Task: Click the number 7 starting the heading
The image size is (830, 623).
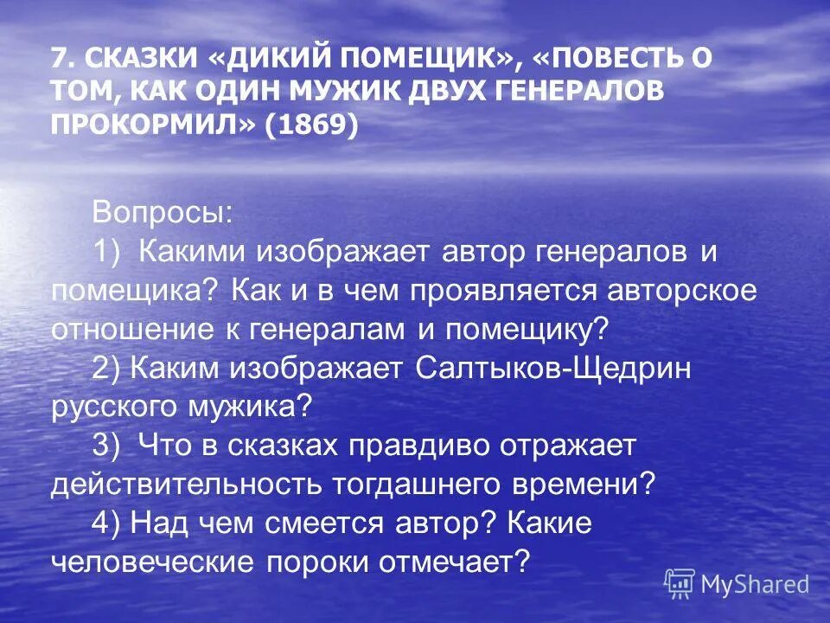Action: pos(59,59)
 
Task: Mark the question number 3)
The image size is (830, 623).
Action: pos(108,446)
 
